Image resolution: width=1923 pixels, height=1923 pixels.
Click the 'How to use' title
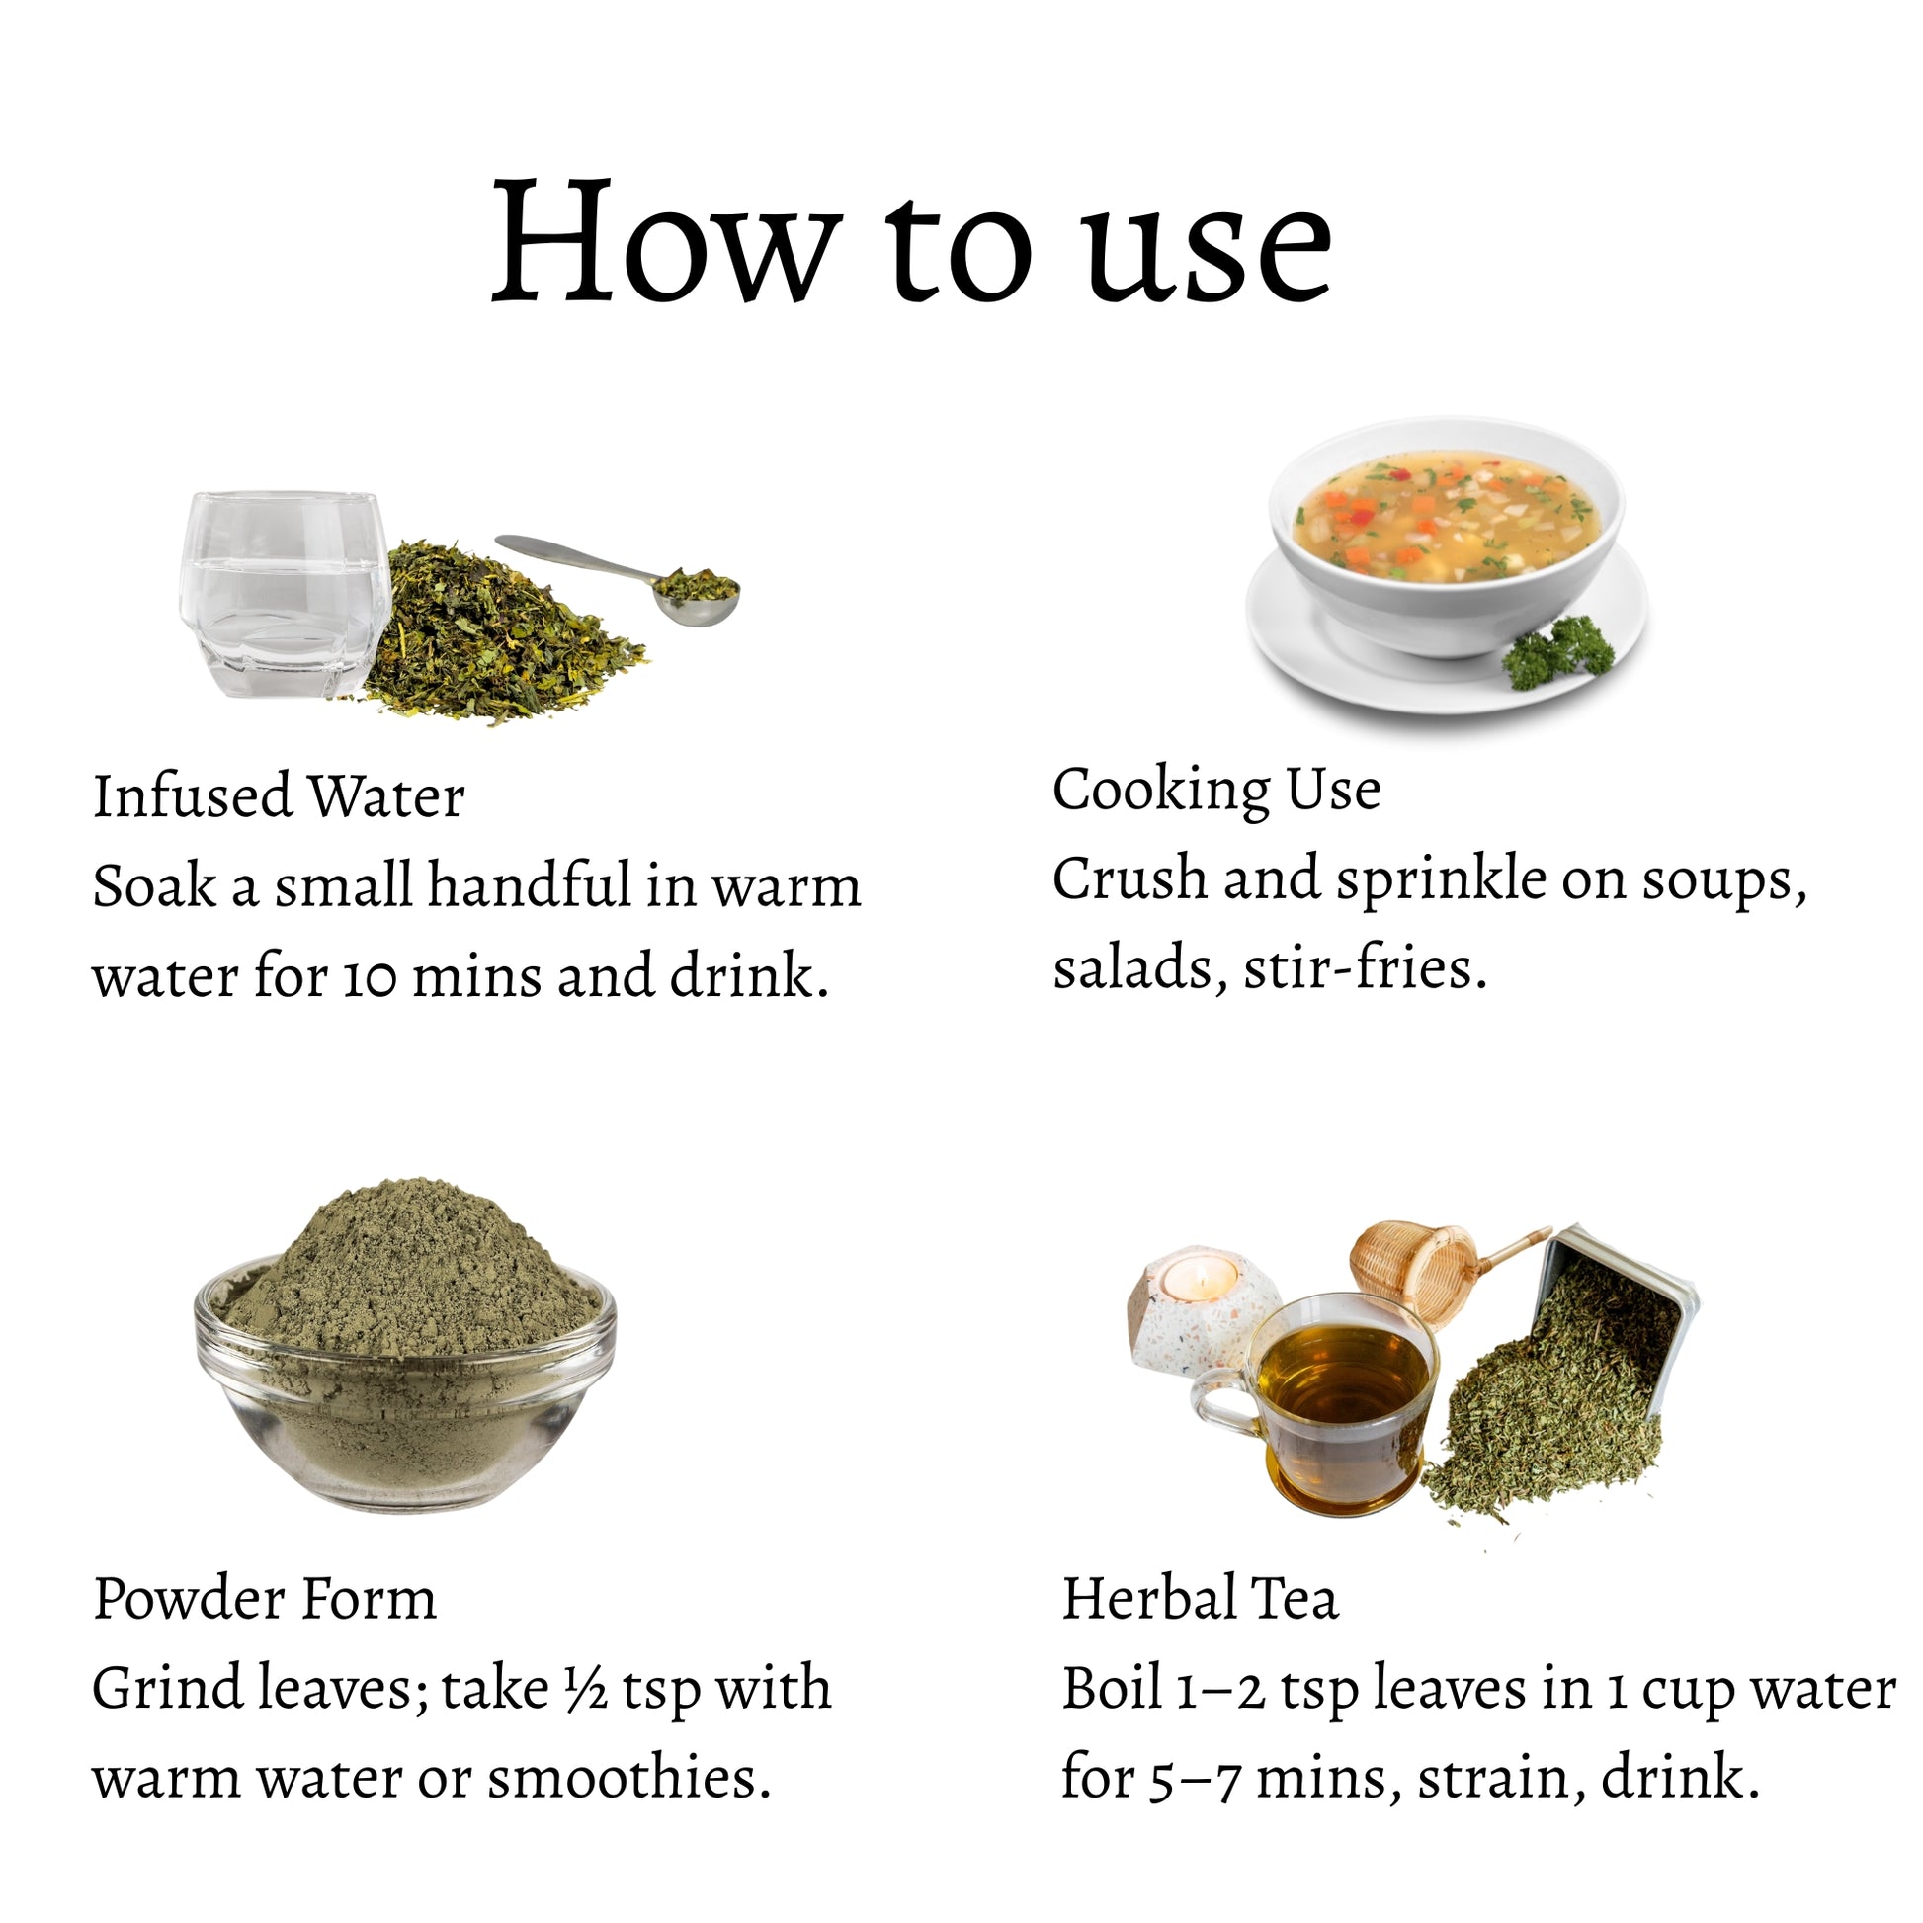point(912,242)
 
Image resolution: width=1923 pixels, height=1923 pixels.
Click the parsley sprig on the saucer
point(1557,652)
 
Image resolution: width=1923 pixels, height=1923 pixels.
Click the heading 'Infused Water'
point(279,797)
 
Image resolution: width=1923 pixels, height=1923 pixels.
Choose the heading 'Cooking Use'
point(1216,791)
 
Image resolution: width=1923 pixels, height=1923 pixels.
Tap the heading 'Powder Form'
point(265,1600)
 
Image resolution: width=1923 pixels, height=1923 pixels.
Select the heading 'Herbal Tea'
point(1200,1599)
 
